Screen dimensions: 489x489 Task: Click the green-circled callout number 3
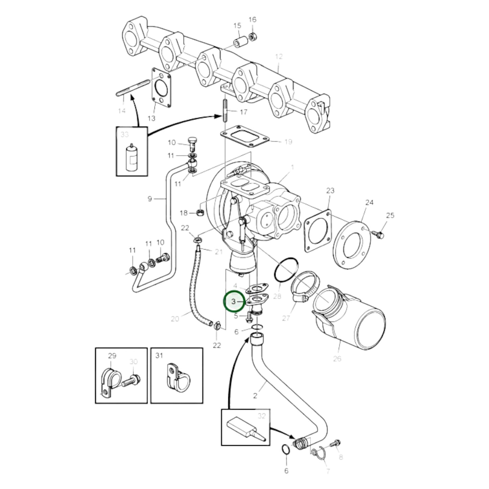coord(234,301)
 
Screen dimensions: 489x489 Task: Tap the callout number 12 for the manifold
coord(279,57)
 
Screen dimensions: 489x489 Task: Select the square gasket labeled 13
coord(161,87)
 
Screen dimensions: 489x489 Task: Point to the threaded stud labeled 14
coord(133,88)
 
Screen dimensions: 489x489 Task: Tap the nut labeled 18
coord(200,213)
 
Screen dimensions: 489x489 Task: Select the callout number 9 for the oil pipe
coord(150,199)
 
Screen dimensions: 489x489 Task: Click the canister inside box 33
coord(132,157)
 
